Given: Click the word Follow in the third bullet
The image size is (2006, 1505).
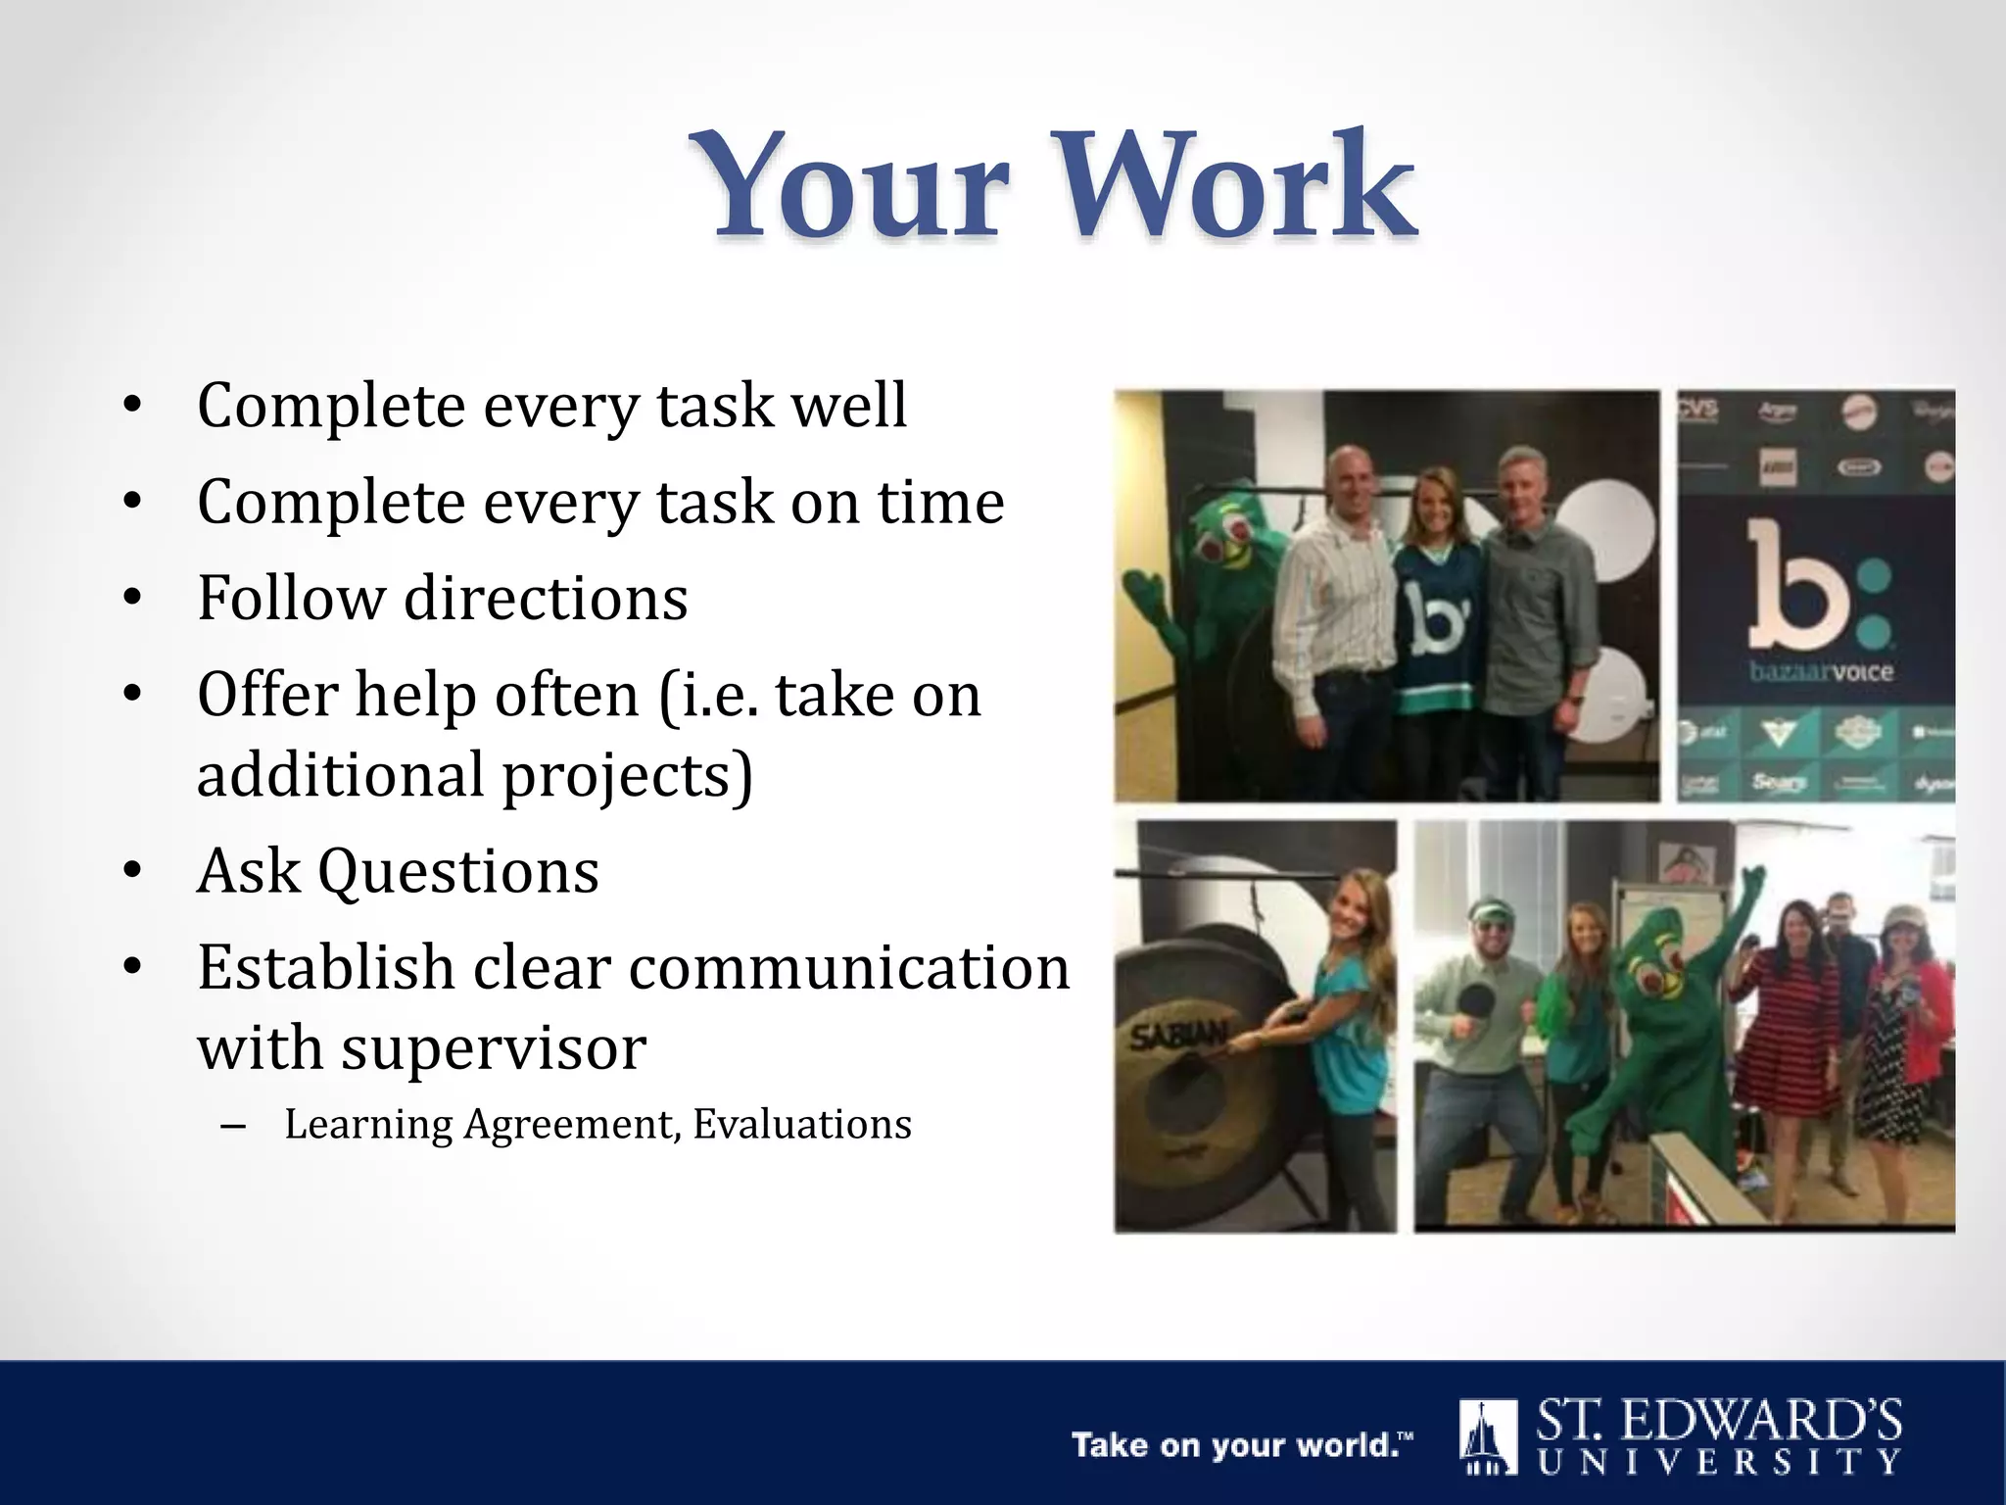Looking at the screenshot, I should (x=292, y=598).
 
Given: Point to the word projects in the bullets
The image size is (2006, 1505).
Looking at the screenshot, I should (x=628, y=775).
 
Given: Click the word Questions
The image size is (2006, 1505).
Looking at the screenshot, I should (x=458, y=871).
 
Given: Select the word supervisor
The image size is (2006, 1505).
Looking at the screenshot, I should (x=493, y=1047).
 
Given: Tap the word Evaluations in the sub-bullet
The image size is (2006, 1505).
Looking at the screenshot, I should (x=802, y=1124).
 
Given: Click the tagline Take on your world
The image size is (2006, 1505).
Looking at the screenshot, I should (x=1241, y=1445).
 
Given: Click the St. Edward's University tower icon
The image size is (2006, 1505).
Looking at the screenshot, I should (x=1487, y=1437).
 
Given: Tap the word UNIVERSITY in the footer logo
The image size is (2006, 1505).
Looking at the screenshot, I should (x=1719, y=1463).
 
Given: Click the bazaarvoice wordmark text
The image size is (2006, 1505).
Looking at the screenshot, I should (x=1820, y=672).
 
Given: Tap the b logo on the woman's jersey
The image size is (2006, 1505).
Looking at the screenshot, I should (x=1434, y=627).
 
